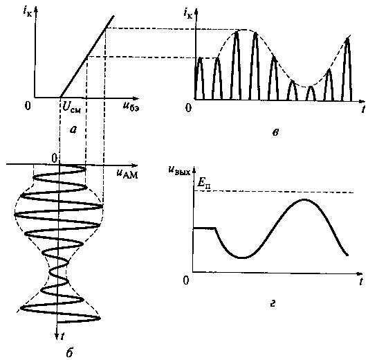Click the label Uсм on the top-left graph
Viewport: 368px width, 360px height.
coord(71,108)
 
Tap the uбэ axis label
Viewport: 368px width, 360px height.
coord(131,107)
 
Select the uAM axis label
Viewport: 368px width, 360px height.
coord(127,174)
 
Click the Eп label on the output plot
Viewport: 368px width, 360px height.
coord(203,183)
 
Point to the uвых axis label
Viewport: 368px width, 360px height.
coord(179,170)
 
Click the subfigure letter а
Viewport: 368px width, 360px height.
coord(73,129)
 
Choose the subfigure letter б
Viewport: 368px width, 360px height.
coord(69,352)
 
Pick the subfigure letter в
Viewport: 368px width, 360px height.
coord(275,133)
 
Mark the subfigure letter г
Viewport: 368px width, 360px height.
coord(273,304)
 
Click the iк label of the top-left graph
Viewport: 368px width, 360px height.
coord(28,11)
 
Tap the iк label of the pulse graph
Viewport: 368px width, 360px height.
coord(188,14)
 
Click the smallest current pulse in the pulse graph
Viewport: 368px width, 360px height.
coord(311,93)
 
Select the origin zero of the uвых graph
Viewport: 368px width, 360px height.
coord(186,280)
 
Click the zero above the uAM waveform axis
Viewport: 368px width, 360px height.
coord(54,159)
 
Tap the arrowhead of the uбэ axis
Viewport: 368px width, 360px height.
coord(136,98)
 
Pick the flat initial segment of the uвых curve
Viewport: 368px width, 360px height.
coord(204,228)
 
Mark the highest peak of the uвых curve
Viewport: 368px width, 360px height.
coord(304,200)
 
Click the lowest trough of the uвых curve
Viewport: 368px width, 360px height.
coord(243,258)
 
